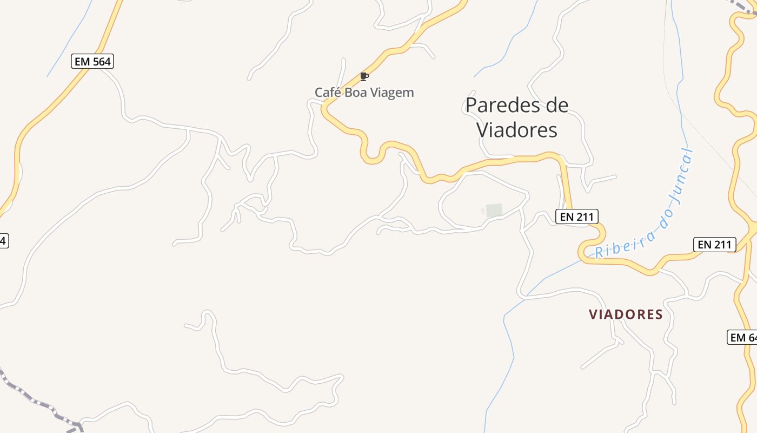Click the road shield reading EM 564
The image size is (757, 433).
pos(92,61)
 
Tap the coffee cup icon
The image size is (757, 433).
pos(364,76)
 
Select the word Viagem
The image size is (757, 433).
pos(391,93)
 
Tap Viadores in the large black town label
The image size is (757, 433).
pos(516,130)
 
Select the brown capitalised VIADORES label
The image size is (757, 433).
pos(626,314)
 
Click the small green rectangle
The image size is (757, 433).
pos(494,211)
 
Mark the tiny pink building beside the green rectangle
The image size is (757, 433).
pos(483,211)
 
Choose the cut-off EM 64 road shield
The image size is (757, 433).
pos(743,337)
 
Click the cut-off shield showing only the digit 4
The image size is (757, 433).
pos(3,240)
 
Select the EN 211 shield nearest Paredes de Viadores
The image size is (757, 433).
pos(576,217)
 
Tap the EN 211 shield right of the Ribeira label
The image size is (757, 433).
pos(715,245)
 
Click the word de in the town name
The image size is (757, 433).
pos(556,105)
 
